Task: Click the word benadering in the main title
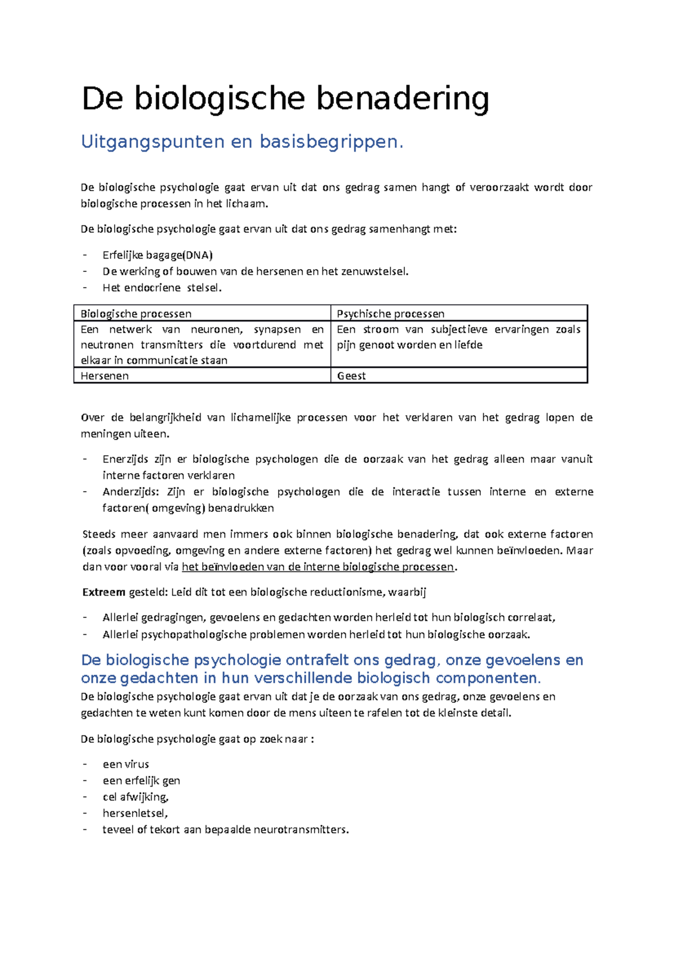(x=402, y=99)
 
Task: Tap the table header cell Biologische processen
(x=136, y=314)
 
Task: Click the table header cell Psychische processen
(x=390, y=314)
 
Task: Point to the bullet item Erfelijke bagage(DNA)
(x=157, y=255)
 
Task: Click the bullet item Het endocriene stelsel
(x=162, y=288)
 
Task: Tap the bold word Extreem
(x=103, y=592)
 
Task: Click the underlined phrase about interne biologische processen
(x=318, y=566)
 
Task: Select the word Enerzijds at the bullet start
(x=125, y=459)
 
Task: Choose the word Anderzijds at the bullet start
(x=130, y=492)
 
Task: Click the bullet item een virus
(x=126, y=764)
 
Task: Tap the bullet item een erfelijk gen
(x=141, y=780)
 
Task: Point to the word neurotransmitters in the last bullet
(x=300, y=829)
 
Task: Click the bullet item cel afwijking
(x=135, y=797)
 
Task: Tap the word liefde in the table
(x=468, y=345)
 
